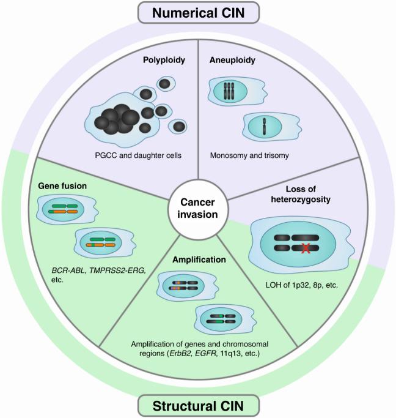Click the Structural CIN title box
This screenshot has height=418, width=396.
tap(198, 406)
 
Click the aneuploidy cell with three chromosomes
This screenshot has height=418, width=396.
tap(233, 91)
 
